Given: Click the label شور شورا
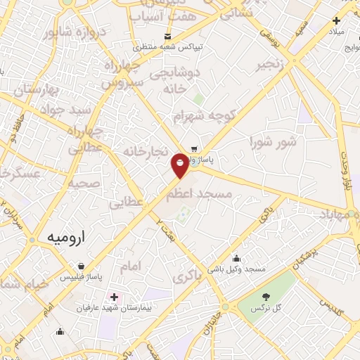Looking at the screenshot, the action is [273, 143].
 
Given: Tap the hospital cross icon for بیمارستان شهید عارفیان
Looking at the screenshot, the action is [114, 298].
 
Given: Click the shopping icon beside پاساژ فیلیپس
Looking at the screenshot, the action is [82, 266].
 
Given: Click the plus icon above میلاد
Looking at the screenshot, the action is [337, 20].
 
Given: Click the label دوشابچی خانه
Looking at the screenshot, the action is [178, 80].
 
